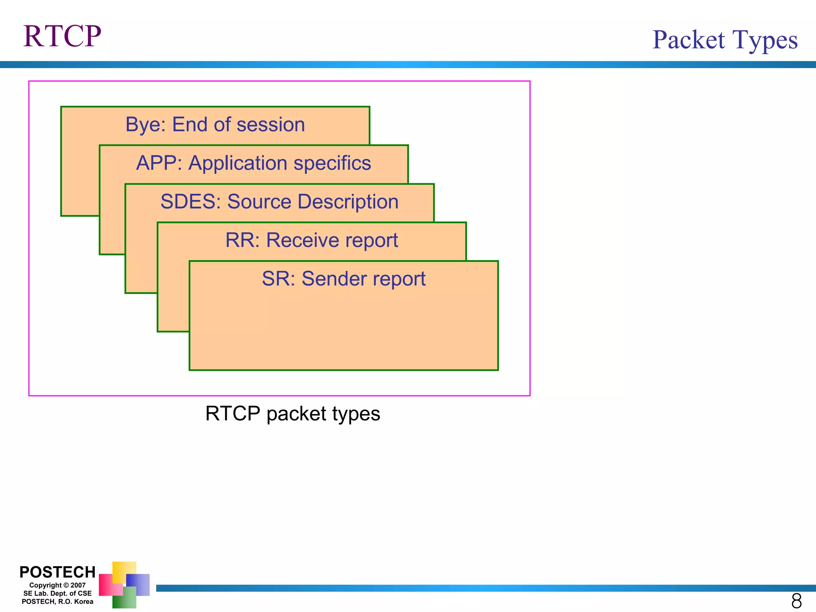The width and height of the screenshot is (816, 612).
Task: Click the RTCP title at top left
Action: (62, 36)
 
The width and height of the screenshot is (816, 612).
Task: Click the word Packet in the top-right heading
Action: (688, 40)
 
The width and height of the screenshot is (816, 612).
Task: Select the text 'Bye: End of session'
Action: (215, 124)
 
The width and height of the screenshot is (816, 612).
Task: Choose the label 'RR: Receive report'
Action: (312, 240)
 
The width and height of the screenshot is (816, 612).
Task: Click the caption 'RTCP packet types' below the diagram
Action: (292, 414)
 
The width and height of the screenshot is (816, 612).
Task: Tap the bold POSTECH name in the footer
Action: (57, 572)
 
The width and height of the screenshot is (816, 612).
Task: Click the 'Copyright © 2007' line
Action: (57, 585)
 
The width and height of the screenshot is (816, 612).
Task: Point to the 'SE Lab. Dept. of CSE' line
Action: (57, 593)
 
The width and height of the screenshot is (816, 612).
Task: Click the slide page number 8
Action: (796, 601)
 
